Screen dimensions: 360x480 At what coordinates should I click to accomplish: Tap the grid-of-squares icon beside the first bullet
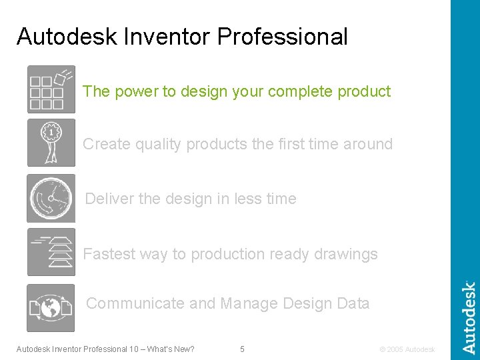[51, 89]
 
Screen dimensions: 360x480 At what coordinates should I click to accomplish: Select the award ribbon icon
[51, 143]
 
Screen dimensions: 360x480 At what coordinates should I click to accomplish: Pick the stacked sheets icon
[51, 252]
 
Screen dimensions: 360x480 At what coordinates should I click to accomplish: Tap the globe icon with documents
[51, 308]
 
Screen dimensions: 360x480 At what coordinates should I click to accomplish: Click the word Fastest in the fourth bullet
[109, 254]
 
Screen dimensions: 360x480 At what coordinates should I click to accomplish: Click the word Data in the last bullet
[353, 303]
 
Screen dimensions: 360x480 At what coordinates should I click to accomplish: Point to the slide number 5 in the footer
[242, 349]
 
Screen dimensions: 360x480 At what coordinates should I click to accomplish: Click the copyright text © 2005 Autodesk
[407, 349]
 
